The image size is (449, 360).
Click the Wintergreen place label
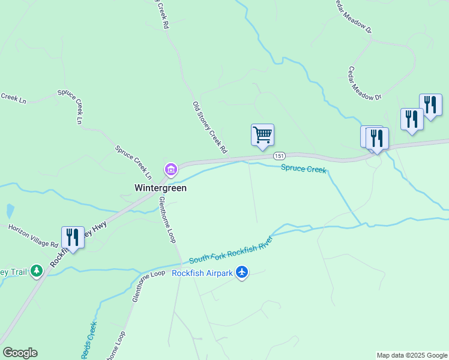160,188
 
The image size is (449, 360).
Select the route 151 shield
279,156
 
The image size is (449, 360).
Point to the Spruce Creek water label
304,170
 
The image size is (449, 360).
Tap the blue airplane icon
242,273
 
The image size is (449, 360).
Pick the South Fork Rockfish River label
231,250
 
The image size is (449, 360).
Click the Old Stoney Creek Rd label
209,127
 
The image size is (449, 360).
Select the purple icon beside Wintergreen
171,170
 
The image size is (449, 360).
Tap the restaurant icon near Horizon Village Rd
72,237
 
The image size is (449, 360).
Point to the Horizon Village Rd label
33,236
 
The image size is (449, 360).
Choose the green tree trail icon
37,272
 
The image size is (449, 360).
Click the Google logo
20,353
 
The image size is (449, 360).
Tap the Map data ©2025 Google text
412,355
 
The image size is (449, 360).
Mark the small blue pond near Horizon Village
9,211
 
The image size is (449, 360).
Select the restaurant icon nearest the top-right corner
430,104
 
